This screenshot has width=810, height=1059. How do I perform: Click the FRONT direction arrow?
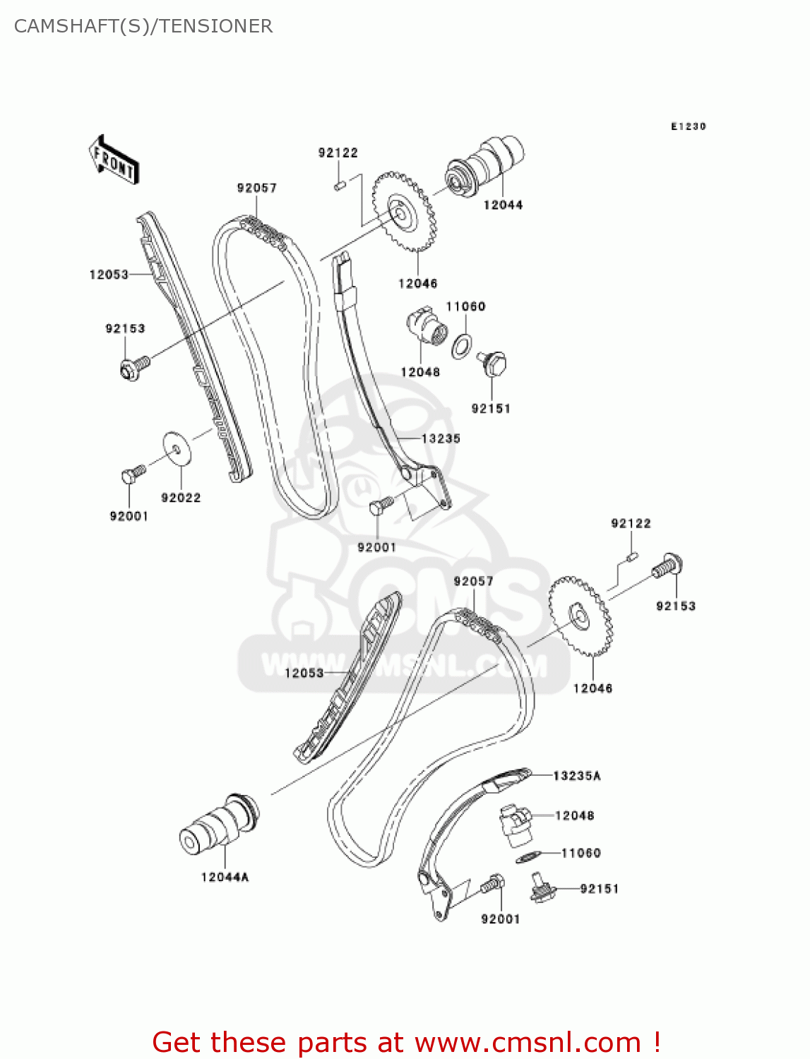(114, 160)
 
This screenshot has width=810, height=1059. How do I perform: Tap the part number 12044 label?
(503, 205)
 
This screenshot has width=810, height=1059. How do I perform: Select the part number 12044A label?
(225, 878)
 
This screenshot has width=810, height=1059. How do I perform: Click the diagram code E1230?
(688, 126)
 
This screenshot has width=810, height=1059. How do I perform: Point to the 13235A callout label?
(576, 776)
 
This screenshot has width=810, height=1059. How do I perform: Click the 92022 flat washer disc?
(176, 448)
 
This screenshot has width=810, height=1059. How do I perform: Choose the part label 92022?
(181, 498)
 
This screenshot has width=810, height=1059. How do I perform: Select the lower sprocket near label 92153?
(580, 616)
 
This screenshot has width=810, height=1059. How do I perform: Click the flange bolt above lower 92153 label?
(667, 566)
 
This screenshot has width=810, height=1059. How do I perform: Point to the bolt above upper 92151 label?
(494, 364)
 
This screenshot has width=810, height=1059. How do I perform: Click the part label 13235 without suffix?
(441, 438)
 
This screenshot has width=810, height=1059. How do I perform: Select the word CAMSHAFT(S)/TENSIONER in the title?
(143, 26)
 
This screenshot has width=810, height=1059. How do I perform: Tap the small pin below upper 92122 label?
(338, 186)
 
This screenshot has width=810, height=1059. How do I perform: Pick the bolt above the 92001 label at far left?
(132, 473)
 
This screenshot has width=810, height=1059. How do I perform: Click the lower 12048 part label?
(575, 815)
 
